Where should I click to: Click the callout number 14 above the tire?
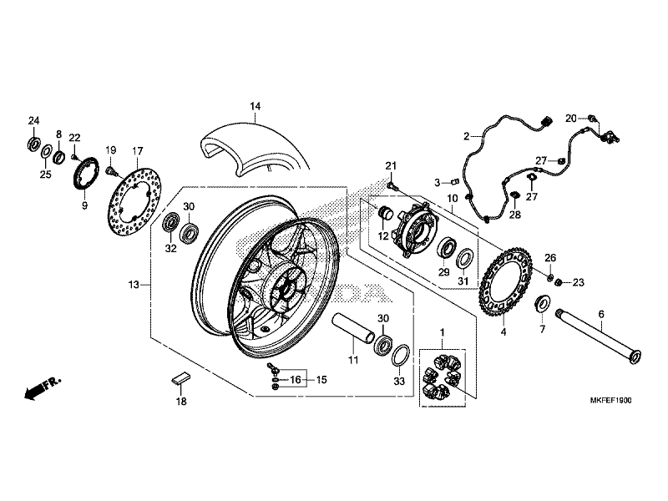click(x=255, y=106)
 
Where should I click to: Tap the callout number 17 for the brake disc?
click(x=138, y=151)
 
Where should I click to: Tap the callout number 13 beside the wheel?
click(x=133, y=286)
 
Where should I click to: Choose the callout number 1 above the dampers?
click(x=443, y=333)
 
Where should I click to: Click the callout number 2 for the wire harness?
click(x=468, y=134)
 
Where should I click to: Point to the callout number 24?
click(x=34, y=121)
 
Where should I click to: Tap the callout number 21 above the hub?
click(x=389, y=167)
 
